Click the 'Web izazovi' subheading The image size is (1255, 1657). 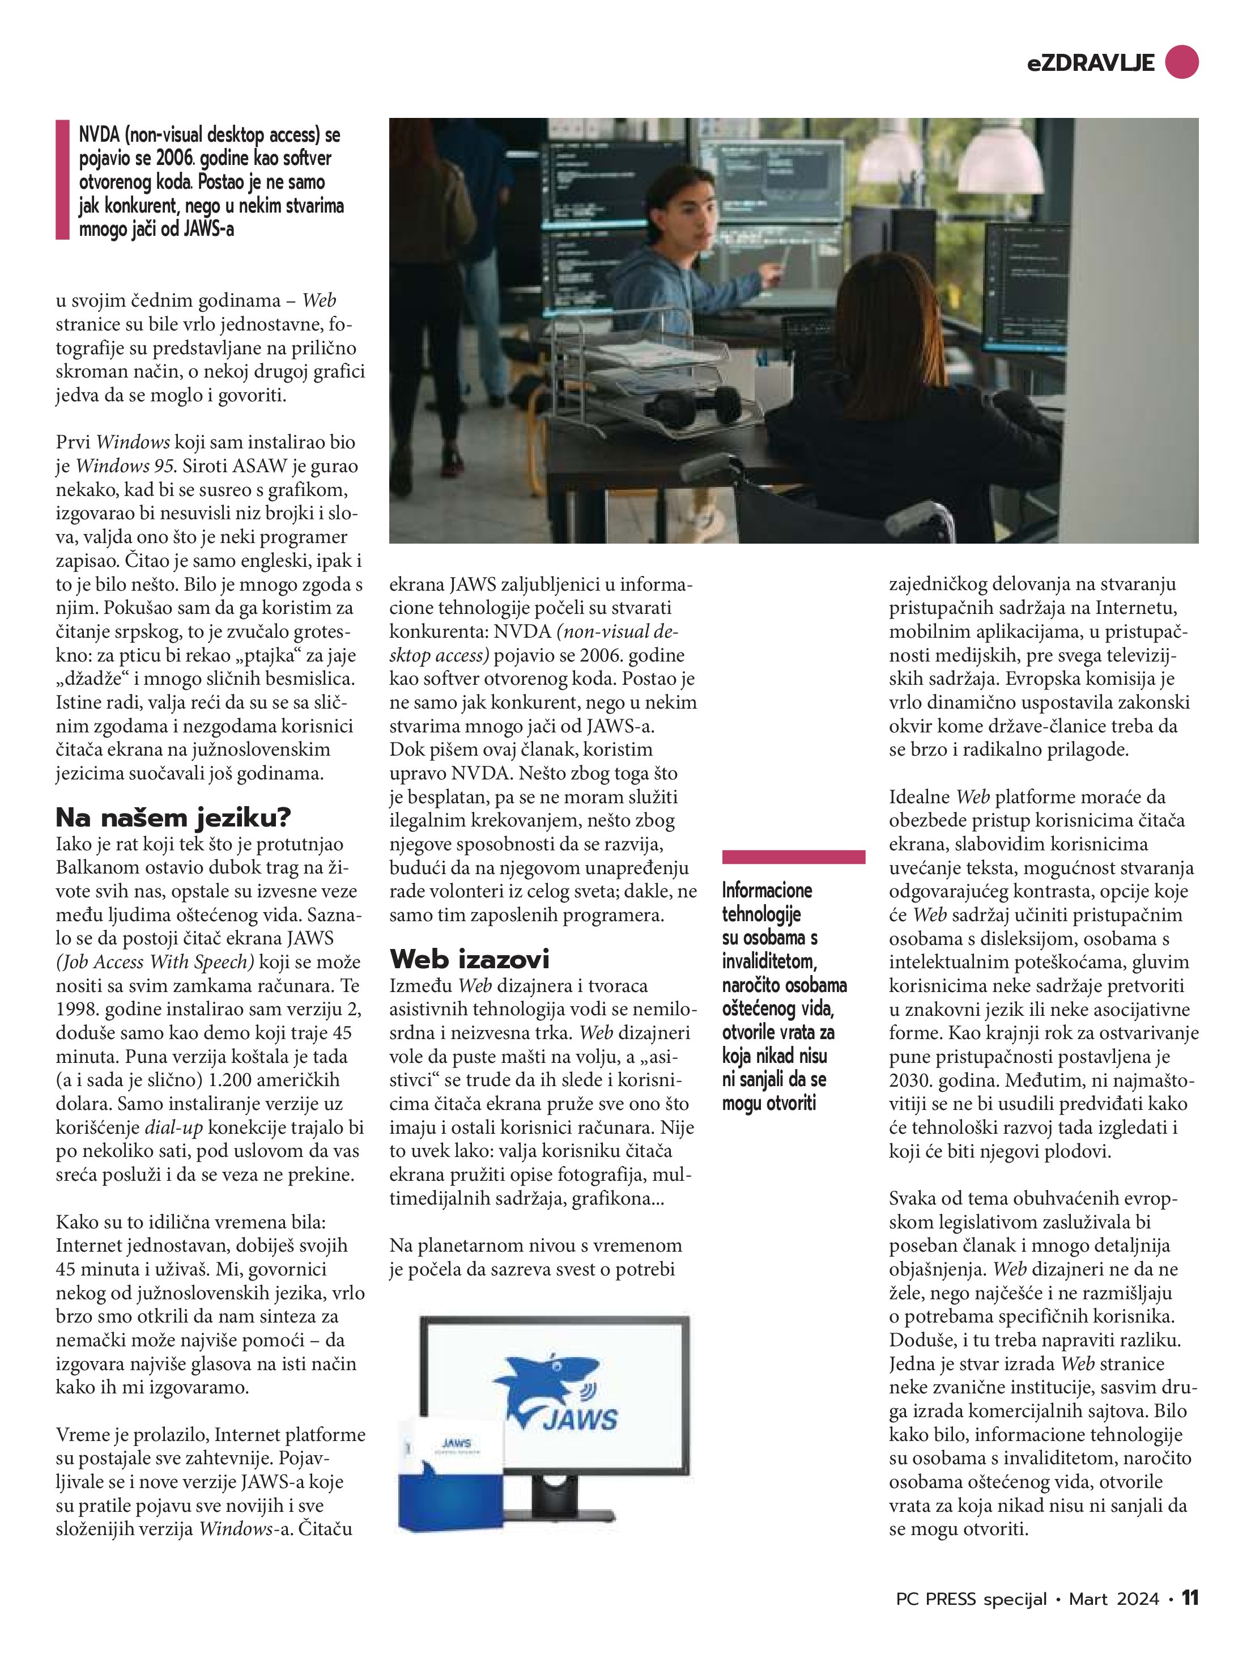[470, 958]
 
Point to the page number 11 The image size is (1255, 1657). [1190, 1598]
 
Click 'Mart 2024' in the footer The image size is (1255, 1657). [1113, 1599]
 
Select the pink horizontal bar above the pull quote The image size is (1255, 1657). [793, 857]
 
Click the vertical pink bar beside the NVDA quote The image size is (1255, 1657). [62, 180]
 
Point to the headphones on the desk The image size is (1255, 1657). [692, 405]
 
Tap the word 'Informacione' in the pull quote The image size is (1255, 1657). [767, 890]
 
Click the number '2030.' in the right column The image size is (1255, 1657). [910, 1080]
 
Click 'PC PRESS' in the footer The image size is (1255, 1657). [936, 1599]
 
